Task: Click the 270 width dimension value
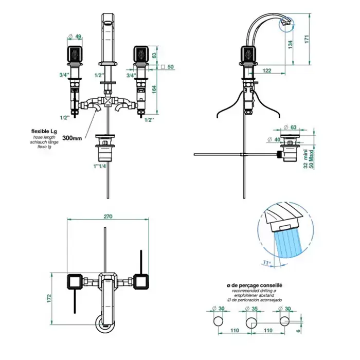click(108, 217)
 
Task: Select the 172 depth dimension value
click(49, 298)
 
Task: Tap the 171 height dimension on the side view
click(307, 39)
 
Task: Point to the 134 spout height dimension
click(290, 45)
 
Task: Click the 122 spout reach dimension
click(266, 70)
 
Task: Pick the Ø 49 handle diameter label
click(75, 37)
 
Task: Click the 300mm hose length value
click(72, 138)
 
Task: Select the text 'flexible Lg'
click(44, 132)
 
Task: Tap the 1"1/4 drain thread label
click(100, 166)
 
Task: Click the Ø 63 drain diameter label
click(290, 127)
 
